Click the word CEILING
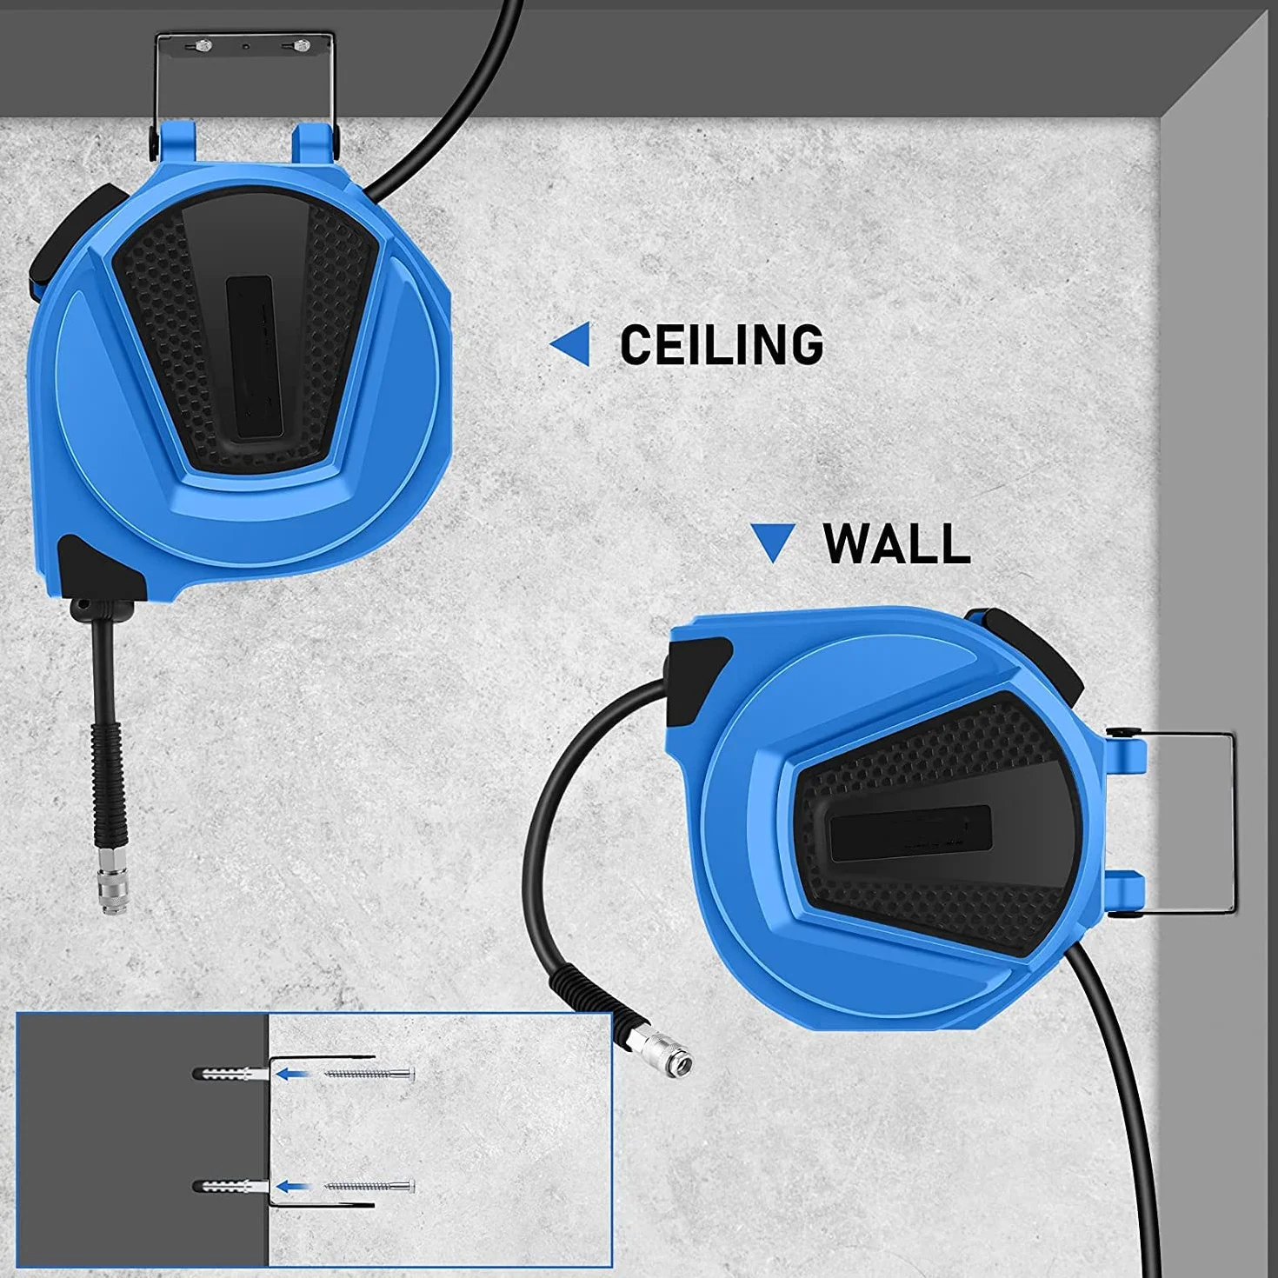click(721, 344)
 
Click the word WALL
click(896, 543)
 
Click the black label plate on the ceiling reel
click(258, 356)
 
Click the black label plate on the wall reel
click(910, 834)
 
